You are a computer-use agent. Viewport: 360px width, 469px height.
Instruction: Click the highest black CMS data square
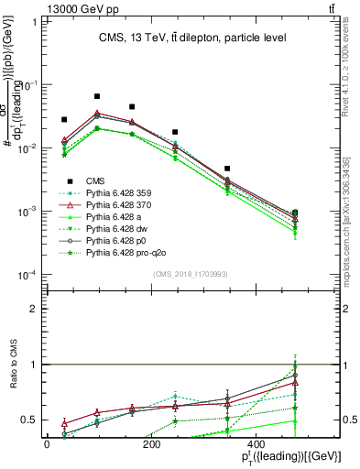pos(97,96)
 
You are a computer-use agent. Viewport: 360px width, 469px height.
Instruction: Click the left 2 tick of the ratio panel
pos(36,309)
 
